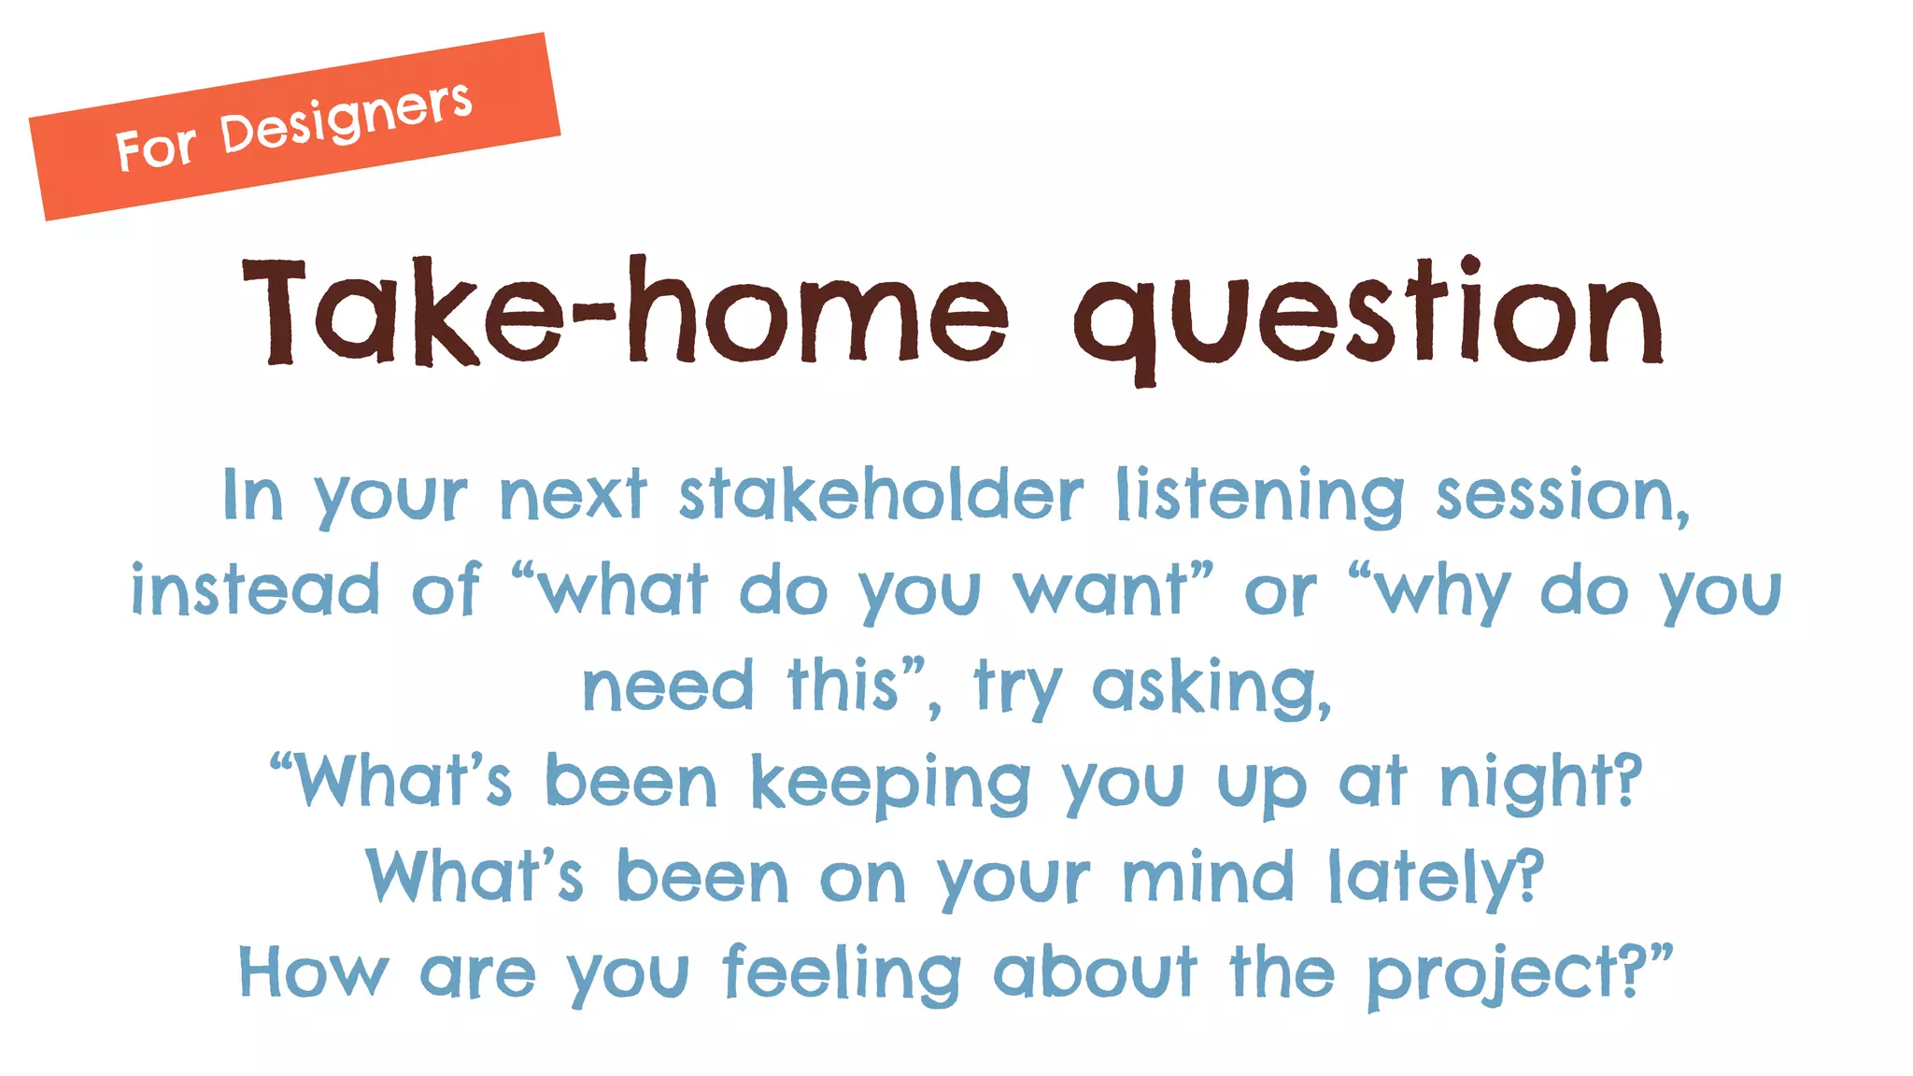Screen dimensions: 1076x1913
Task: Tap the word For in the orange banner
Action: [155, 148]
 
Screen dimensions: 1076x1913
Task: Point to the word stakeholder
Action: [881, 495]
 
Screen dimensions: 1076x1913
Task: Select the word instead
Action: [255, 590]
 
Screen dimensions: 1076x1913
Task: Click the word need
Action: [667, 687]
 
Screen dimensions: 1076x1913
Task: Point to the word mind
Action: [1208, 878]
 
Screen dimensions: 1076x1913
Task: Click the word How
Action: [313, 973]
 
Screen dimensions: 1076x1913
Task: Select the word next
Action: [574, 495]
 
